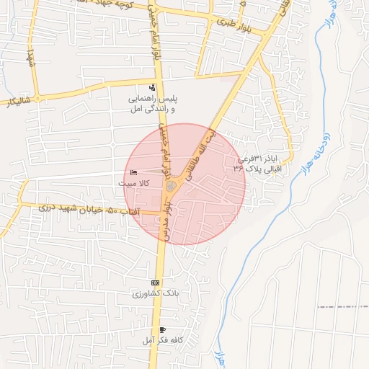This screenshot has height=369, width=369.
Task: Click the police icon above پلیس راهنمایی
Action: (151, 87)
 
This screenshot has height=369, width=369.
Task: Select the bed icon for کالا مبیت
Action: (134, 172)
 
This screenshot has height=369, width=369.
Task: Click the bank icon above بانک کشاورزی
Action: (155, 283)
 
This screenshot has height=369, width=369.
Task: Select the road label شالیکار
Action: (15, 101)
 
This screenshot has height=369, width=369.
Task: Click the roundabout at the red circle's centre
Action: (171, 187)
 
